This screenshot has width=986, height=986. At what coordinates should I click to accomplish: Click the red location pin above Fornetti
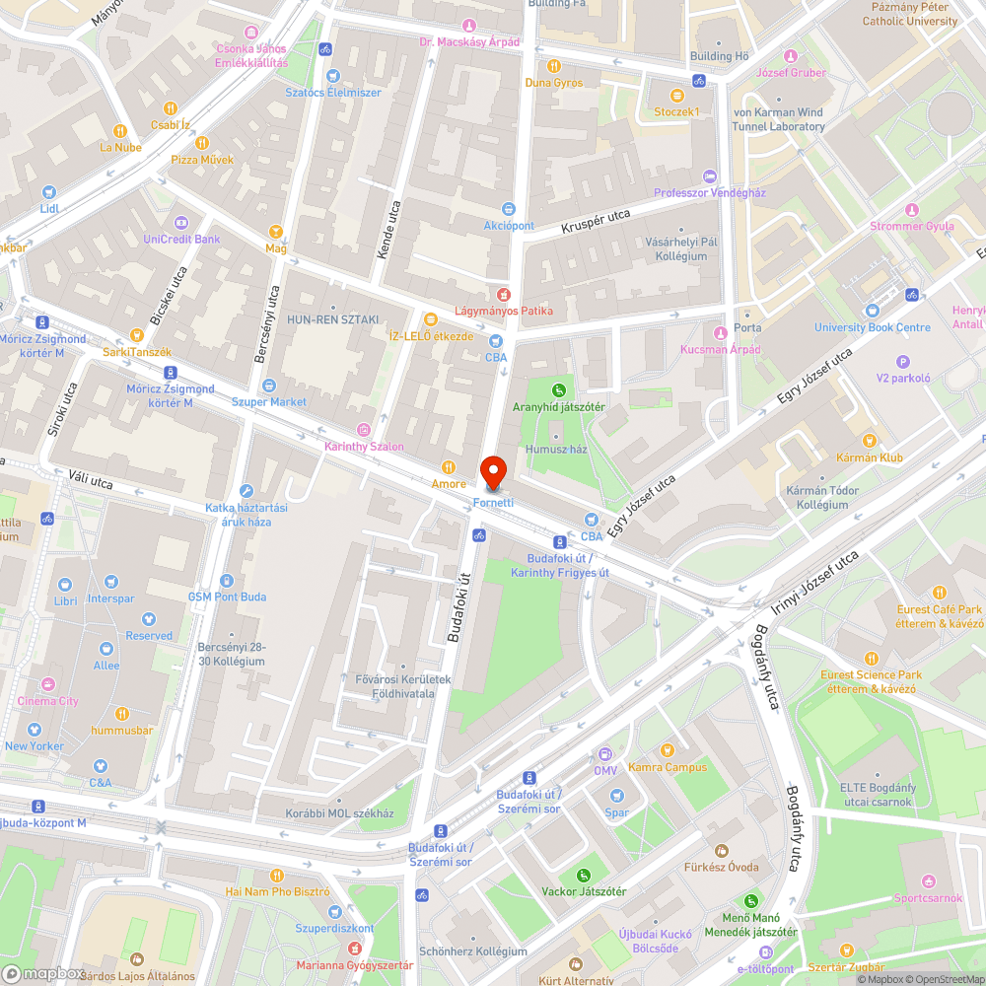[x=493, y=471]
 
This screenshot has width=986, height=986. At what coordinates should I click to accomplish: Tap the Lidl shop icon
[x=49, y=193]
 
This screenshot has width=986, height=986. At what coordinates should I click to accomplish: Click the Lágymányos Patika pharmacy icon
[x=503, y=294]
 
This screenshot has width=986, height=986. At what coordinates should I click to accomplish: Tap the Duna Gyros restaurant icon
[x=553, y=66]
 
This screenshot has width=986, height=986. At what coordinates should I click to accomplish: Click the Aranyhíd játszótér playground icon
[x=559, y=390]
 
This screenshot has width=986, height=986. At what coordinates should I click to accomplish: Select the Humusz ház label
[x=556, y=449]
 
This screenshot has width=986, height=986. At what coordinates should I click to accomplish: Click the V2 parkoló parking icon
[x=902, y=361]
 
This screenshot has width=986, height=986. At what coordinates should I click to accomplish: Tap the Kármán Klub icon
[x=869, y=441]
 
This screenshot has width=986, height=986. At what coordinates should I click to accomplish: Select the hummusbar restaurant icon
[x=121, y=714]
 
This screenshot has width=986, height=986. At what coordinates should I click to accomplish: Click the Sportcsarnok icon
[x=928, y=880]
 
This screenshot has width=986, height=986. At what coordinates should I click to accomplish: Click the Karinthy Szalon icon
[x=364, y=430]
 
